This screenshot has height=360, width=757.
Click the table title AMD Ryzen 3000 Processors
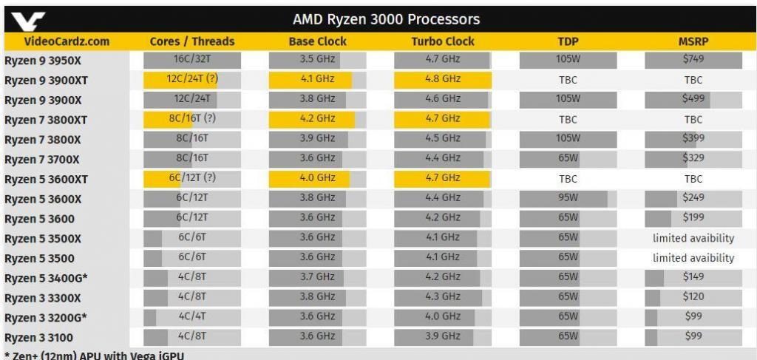[x=386, y=19]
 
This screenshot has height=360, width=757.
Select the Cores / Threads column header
[x=191, y=41]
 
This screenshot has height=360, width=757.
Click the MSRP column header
[x=693, y=41]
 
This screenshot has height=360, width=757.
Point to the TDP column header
[x=568, y=41]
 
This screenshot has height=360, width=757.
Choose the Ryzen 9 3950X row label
[x=43, y=60]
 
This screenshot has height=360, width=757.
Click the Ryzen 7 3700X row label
[x=43, y=159]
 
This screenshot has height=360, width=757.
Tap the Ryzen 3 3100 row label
[x=39, y=338]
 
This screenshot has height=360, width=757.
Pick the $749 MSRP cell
[x=693, y=59]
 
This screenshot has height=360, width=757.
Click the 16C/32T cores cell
[x=191, y=59]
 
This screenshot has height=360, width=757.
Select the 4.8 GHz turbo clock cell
[x=442, y=79]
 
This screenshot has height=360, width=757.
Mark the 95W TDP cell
[x=568, y=198]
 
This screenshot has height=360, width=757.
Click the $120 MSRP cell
[x=693, y=296]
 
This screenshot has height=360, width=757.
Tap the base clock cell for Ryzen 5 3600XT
[x=317, y=178]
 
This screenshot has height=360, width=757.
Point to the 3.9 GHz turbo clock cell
[x=442, y=336]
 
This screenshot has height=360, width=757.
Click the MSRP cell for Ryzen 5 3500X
[x=693, y=238]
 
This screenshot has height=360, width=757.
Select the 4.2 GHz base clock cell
[x=317, y=118]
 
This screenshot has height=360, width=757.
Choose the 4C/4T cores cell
[x=191, y=316]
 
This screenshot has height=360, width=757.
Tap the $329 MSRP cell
[x=693, y=158]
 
